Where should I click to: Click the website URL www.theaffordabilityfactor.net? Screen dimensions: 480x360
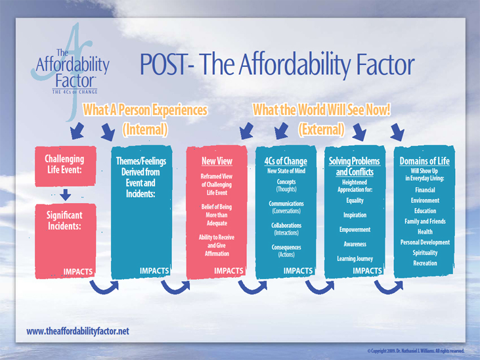click(77, 332)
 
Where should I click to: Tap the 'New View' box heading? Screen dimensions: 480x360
click(217, 161)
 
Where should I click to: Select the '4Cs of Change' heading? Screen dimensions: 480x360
click(286, 161)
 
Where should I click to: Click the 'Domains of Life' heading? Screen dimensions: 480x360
click(424, 161)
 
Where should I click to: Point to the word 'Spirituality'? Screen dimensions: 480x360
click(425, 253)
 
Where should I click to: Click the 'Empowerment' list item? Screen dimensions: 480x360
click(355, 229)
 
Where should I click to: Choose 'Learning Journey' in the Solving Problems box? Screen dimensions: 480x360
click(355, 259)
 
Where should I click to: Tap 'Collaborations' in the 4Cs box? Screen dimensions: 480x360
click(286, 225)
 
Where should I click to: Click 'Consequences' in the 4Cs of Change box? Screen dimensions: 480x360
click(286, 247)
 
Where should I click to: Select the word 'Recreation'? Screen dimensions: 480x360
click(425, 263)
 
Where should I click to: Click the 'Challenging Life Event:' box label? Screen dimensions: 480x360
click(64, 164)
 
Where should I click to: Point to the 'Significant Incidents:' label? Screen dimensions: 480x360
click(64, 221)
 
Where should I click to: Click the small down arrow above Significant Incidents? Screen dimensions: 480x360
click(65, 195)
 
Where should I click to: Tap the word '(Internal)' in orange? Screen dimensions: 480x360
click(145, 129)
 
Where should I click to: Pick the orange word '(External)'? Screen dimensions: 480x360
click(322, 129)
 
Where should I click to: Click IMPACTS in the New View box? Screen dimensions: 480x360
click(229, 271)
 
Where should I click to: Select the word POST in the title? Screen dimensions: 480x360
click(163, 64)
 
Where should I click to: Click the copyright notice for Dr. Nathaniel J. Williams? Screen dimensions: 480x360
click(416, 351)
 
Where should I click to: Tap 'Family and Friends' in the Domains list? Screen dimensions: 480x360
click(425, 221)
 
